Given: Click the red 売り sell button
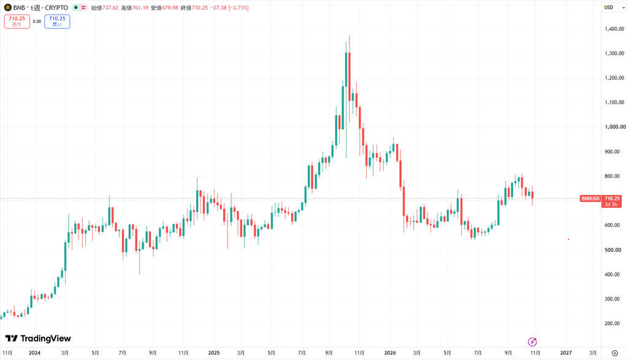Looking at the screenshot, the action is click(x=17, y=21).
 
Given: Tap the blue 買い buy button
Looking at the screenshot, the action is click(x=57, y=21).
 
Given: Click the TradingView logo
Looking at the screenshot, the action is click(x=38, y=339).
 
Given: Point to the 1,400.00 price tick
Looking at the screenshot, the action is click(x=615, y=29).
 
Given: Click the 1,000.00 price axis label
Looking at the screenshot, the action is click(x=615, y=127).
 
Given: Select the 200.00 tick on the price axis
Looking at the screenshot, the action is click(x=612, y=324).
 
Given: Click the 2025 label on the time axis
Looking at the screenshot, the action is click(x=214, y=353).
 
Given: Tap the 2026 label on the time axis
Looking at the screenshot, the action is click(x=389, y=353).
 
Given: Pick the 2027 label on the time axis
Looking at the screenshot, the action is click(x=566, y=353).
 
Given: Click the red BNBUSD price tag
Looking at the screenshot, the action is click(x=591, y=199).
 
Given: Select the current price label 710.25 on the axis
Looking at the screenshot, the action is click(x=612, y=199).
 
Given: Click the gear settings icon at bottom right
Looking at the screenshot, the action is click(x=615, y=353).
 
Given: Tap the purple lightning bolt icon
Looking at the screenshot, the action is click(x=532, y=342).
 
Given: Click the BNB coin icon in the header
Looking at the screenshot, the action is click(x=7, y=7).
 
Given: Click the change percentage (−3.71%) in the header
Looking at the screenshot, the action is click(x=239, y=7).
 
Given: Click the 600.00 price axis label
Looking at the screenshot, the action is click(x=612, y=226).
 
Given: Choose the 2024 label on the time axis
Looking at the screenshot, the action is click(x=34, y=353).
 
